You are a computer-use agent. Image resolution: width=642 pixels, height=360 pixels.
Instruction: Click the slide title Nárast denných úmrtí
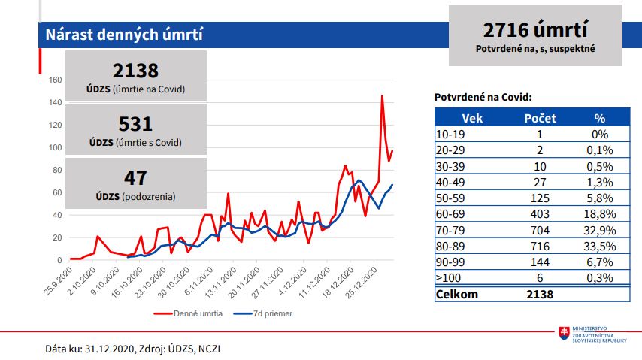(123, 35)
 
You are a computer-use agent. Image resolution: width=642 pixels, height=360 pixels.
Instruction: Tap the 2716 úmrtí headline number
(535, 30)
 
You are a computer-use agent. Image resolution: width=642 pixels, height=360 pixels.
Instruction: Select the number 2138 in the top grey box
(135, 71)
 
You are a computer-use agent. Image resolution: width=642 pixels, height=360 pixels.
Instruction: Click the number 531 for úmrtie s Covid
(135, 124)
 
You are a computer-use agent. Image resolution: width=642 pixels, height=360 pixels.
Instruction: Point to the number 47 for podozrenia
(135, 178)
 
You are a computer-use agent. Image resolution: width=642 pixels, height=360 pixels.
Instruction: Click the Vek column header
(471, 118)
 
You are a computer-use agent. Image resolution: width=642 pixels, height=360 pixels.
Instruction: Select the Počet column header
(540, 118)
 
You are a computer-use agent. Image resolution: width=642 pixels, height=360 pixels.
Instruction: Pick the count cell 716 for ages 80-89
(540, 245)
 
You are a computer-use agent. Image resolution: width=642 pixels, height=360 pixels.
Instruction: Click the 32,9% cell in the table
(599, 229)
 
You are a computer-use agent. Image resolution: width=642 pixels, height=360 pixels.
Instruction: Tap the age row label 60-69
(451, 213)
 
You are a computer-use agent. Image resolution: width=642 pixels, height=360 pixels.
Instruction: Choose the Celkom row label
(456, 294)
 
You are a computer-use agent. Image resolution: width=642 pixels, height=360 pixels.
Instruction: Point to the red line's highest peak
(382, 96)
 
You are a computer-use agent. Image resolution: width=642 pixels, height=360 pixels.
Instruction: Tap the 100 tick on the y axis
(54, 147)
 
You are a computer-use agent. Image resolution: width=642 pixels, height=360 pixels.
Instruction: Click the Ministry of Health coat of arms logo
(562, 333)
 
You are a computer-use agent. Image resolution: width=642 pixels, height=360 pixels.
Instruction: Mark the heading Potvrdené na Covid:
(483, 97)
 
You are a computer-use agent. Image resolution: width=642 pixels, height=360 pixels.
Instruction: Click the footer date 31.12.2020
(110, 349)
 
